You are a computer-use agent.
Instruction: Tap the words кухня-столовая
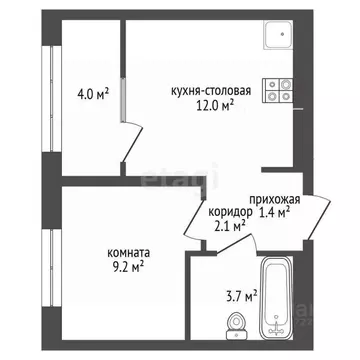203,89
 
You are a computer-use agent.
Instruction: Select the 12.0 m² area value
214,103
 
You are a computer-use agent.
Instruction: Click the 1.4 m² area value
274,212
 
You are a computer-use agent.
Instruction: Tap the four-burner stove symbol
278,92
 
